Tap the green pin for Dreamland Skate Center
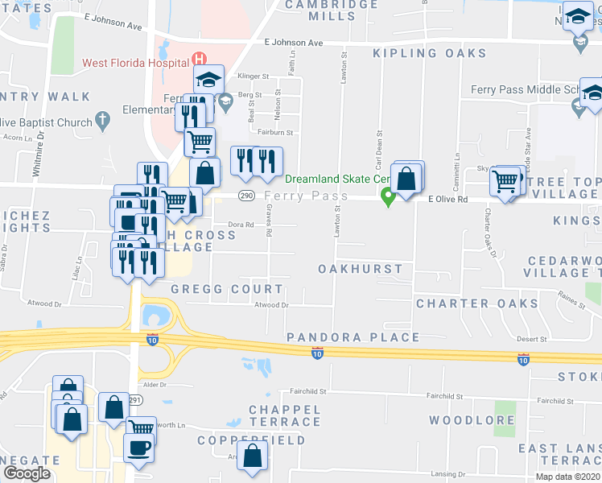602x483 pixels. click(388, 196)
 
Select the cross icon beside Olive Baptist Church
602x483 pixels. click(101, 122)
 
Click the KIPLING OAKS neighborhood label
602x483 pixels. click(430, 54)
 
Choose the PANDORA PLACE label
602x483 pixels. click(353, 337)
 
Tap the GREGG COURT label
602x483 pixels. click(227, 289)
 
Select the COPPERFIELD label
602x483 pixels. click(252, 440)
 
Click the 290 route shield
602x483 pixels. click(247, 196)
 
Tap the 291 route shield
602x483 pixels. click(135, 399)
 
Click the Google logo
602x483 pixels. click(27, 473)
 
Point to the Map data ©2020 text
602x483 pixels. click(567, 477)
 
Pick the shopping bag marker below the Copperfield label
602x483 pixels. click(254, 456)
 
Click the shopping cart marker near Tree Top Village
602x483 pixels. click(505, 183)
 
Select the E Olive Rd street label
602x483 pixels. click(447, 197)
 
